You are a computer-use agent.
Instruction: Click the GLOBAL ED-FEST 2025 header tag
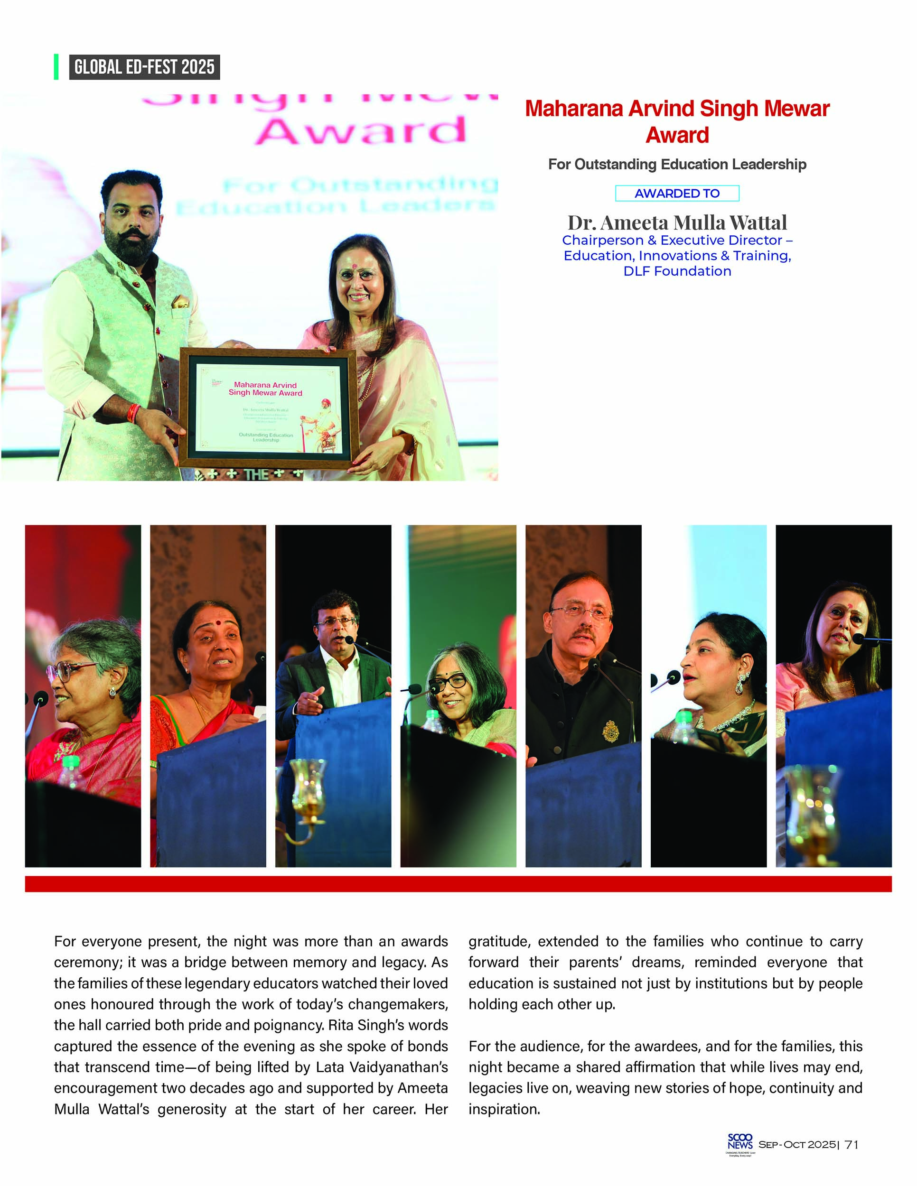[144, 67]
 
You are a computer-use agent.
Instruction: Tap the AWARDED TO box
[676, 194]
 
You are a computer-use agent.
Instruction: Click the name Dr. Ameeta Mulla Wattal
[677, 222]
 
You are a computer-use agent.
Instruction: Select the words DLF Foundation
[677, 271]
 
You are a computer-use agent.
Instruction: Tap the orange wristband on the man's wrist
[133, 414]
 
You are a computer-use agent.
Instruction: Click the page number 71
[852, 1144]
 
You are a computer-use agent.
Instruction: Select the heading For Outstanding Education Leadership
[677, 164]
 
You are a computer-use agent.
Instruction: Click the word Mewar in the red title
[796, 109]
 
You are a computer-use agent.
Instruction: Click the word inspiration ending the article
[504, 1109]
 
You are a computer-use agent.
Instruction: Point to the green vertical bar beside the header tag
[56, 67]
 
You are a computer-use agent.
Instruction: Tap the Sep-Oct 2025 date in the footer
[796, 1145]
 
